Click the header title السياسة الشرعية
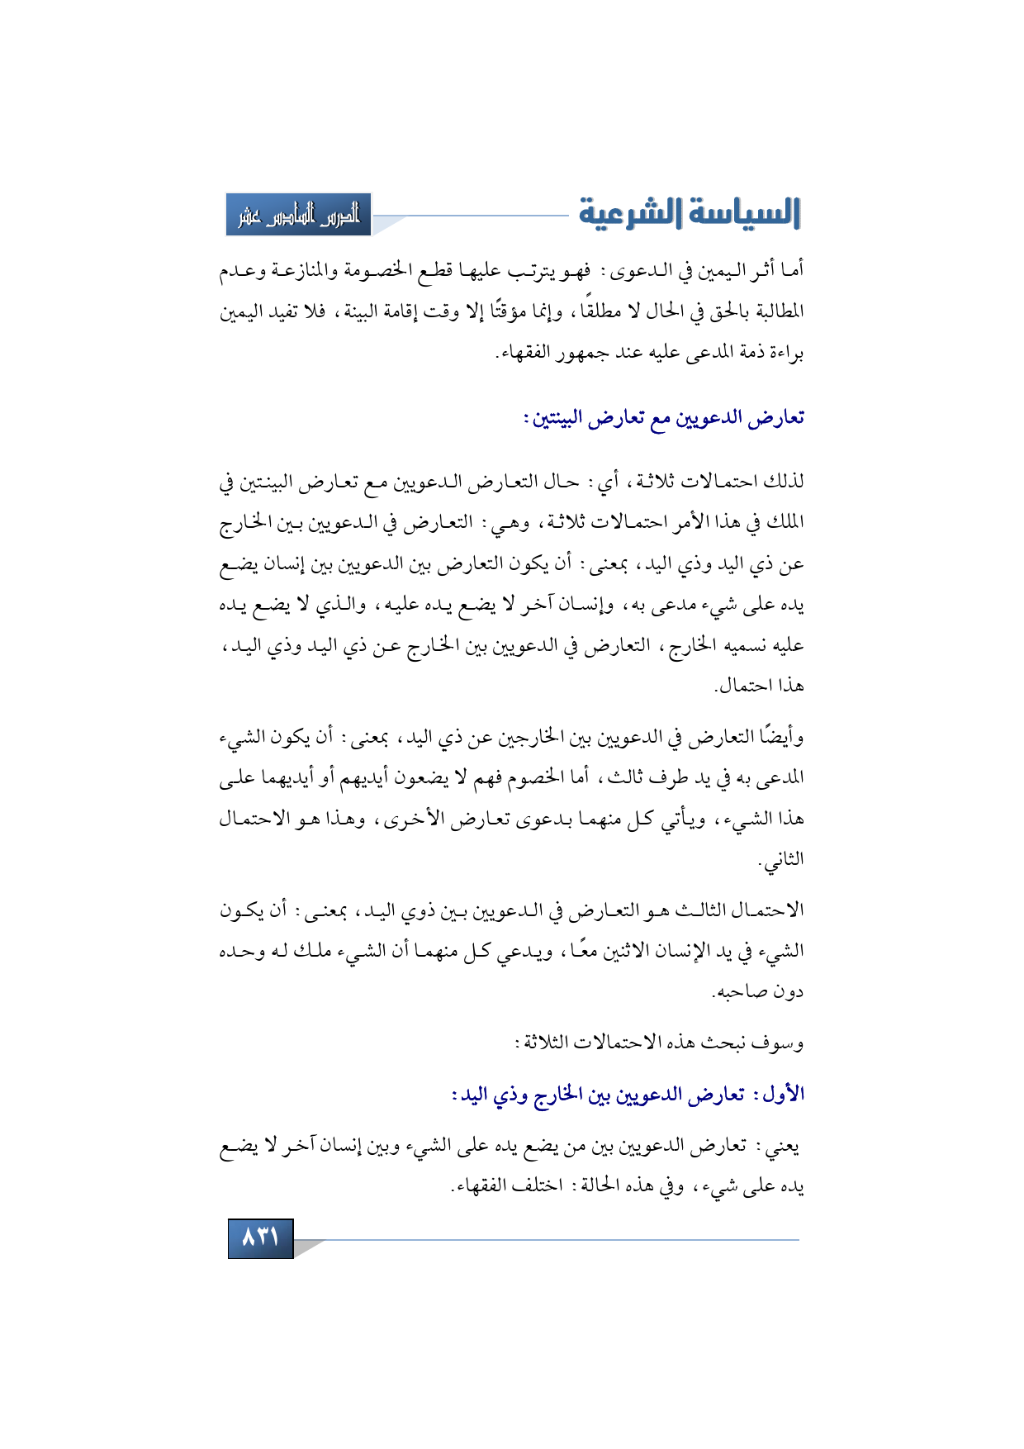click(690, 213)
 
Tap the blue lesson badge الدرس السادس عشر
click(299, 215)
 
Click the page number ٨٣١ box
click(260, 1238)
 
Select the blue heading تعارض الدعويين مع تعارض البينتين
click(663, 419)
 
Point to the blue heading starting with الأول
click(628, 1095)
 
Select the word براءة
click(783, 354)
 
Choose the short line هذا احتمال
click(760, 686)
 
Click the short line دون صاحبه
click(758, 991)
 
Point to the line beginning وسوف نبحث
click(661, 1043)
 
